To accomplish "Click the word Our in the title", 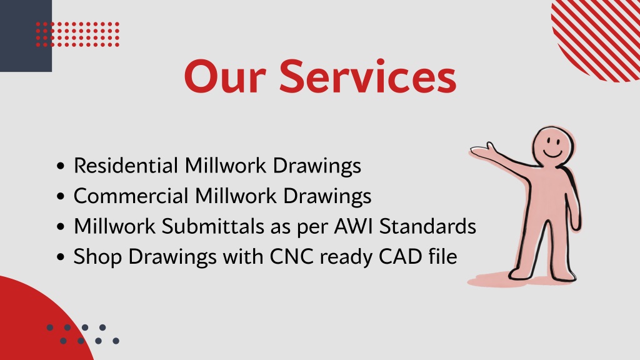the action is point(225,77).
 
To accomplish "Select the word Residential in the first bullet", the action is point(126,166).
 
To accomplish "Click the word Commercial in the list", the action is point(131,196).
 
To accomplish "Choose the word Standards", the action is point(427,226).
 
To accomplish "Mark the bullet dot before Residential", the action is point(61,166).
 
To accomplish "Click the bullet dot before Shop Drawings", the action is point(61,257).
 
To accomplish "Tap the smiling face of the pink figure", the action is point(553,146).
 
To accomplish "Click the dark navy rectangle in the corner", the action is point(26,36).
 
